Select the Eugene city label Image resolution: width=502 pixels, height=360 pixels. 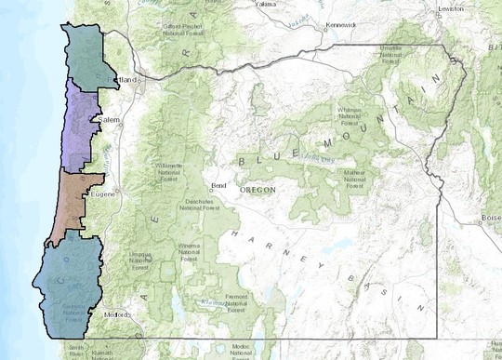(x=102, y=195)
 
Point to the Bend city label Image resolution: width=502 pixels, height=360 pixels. (x=219, y=185)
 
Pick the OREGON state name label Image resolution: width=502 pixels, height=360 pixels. (x=258, y=190)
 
